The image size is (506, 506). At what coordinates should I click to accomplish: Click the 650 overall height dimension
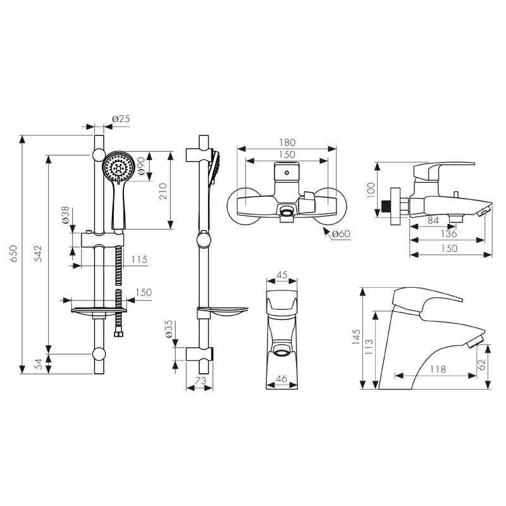[13, 254]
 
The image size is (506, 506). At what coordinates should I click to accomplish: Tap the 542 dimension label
[38, 254]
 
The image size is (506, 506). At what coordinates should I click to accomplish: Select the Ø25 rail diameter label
[121, 119]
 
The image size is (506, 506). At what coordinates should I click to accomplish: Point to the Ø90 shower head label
[141, 166]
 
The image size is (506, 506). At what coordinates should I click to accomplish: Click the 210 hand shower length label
[163, 191]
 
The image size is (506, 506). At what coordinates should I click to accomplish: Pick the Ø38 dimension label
[66, 215]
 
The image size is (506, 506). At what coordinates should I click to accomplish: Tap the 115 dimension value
[139, 259]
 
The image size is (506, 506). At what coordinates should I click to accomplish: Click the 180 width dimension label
[287, 142]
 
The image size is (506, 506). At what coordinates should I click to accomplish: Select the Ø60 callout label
[341, 233]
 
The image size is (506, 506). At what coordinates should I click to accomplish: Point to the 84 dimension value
[433, 220]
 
